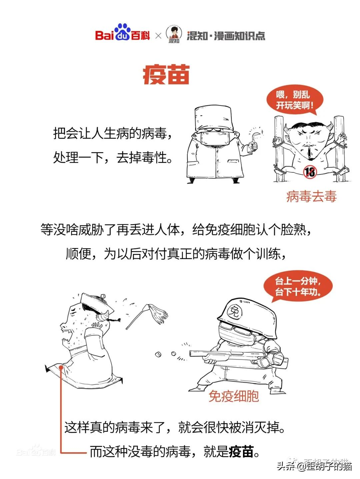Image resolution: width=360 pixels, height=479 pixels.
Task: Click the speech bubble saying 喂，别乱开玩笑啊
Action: [x=295, y=100]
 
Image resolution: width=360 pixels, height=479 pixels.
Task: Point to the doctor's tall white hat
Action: [x=213, y=118]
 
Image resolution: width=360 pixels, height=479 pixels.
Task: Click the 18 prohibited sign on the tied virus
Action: [x=310, y=171]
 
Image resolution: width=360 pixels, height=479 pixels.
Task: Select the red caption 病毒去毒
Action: [x=311, y=196]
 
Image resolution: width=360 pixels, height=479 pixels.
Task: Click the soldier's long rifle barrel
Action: [x=220, y=353]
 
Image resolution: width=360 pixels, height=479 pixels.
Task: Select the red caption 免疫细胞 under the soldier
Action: [x=234, y=396]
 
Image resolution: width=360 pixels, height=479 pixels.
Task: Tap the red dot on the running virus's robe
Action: [x=61, y=367]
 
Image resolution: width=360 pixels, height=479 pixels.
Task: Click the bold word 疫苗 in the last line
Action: [x=241, y=452]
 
